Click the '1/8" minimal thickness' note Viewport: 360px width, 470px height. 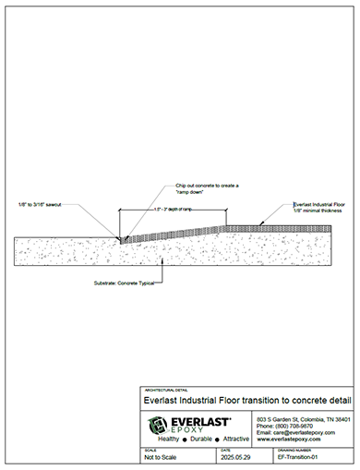(316, 211)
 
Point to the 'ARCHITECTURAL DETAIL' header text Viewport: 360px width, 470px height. (163, 390)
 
